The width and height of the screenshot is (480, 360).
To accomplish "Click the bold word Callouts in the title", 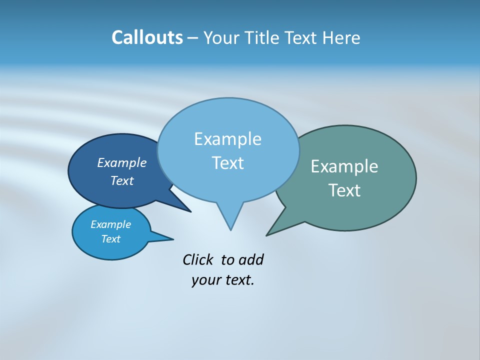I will tap(147, 37).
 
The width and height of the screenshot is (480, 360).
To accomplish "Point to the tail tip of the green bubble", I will tap(267, 235).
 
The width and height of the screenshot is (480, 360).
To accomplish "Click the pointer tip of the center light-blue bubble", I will tap(230, 229).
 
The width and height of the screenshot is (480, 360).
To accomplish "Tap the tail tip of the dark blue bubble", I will tap(190, 211).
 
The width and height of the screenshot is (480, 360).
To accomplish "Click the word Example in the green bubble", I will tap(344, 166).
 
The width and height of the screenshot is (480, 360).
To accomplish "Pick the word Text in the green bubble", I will tap(344, 190).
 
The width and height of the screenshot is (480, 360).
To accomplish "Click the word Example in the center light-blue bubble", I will tap(227, 139).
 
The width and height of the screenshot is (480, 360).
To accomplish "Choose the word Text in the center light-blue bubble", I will tap(227, 163).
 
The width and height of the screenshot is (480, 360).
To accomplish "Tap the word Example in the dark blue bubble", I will tap(122, 162).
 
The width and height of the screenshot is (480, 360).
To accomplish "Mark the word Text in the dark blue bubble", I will tap(122, 180).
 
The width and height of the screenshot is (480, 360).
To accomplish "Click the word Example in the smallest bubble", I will tap(111, 224).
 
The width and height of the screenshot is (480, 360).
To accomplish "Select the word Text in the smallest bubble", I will tap(111, 239).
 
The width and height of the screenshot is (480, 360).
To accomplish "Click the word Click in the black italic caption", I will tap(198, 259).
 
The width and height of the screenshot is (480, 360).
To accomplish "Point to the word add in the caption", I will tap(251, 259).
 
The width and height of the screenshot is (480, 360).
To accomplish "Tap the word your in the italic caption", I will tap(205, 280).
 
